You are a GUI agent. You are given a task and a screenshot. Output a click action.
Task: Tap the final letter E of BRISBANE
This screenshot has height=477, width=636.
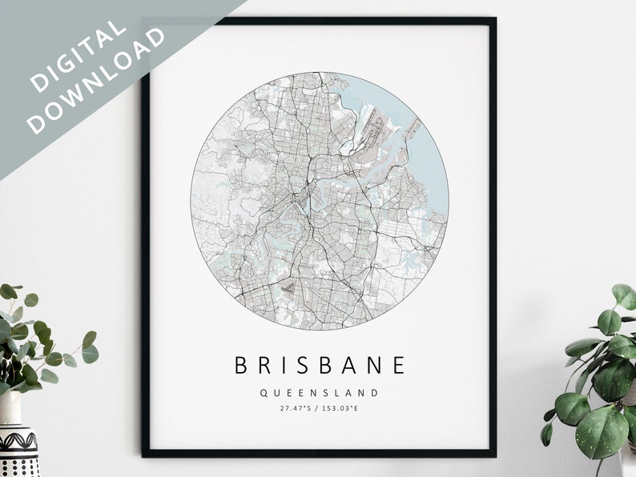(400, 366)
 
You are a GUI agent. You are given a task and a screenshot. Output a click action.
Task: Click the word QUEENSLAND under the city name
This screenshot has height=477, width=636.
(319, 393)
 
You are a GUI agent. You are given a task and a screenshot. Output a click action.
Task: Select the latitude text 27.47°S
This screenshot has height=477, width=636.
(296, 409)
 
